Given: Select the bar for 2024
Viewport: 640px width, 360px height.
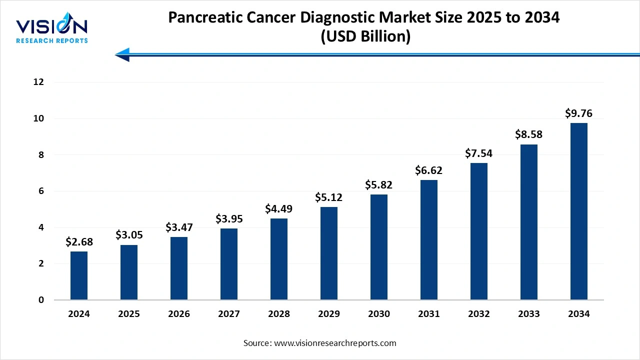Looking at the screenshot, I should (x=79, y=275).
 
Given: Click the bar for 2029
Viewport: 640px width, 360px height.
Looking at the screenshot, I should (x=329, y=253).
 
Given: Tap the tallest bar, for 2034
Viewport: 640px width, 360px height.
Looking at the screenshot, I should (x=579, y=211).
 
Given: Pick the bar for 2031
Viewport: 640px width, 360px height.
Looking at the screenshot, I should (x=429, y=240).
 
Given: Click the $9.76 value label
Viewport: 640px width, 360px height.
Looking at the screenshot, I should (x=579, y=113).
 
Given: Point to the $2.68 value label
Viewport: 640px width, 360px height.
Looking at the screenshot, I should (x=79, y=242).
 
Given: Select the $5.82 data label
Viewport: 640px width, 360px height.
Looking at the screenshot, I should (x=379, y=185).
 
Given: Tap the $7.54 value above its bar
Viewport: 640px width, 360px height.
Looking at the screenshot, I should (x=479, y=153).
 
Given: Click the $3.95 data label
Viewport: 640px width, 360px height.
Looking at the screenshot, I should (x=229, y=218).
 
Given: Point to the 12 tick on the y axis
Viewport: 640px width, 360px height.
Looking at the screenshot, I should (x=39, y=82).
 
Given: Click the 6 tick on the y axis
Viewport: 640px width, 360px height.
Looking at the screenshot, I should (x=41, y=191).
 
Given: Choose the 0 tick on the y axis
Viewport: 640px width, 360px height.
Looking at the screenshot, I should (x=41, y=300).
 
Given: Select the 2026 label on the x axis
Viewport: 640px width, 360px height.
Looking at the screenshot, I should (x=179, y=314).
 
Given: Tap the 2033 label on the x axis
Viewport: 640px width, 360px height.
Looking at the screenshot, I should (x=529, y=314).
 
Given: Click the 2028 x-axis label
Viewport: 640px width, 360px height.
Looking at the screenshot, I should (x=279, y=314).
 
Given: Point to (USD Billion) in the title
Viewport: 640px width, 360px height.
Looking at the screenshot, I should (x=364, y=37).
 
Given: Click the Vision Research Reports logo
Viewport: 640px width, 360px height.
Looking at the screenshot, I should (x=52, y=30).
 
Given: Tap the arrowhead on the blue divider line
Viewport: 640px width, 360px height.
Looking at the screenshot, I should (x=122, y=54).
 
